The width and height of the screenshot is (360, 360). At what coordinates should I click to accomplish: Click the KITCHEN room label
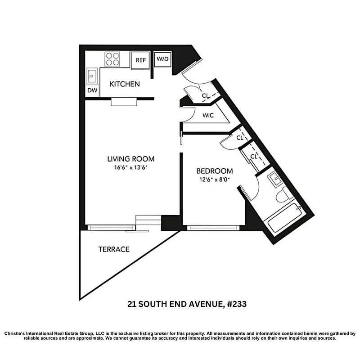(x=125, y=84)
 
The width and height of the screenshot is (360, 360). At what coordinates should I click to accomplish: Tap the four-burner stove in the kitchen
(x=112, y=59)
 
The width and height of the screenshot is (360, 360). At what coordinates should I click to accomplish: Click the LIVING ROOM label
(x=130, y=159)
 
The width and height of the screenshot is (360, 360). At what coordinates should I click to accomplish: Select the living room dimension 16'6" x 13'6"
(x=130, y=167)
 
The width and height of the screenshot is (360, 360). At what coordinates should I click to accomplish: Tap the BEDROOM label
(x=215, y=171)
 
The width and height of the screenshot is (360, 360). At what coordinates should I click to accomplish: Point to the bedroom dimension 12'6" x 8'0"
(x=215, y=179)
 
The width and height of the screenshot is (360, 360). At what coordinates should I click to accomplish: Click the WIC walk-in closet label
(x=208, y=115)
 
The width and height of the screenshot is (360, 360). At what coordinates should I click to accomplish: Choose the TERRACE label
(x=114, y=249)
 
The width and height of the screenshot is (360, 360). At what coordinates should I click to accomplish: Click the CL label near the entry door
(x=205, y=95)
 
